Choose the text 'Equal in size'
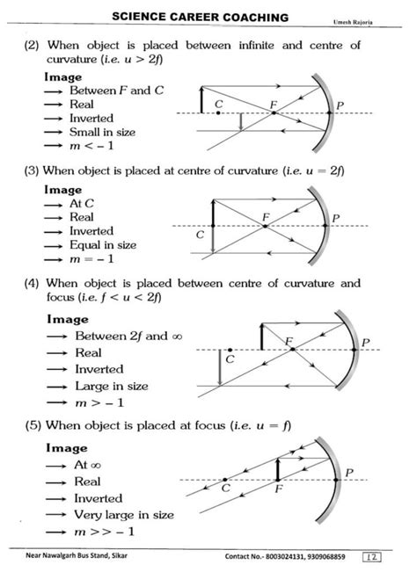(x=103, y=245)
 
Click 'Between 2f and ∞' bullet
(x=124, y=337)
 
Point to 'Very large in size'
(x=124, y=515)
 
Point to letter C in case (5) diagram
(x=225, y=488)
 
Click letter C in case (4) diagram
(x=230, y=359)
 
